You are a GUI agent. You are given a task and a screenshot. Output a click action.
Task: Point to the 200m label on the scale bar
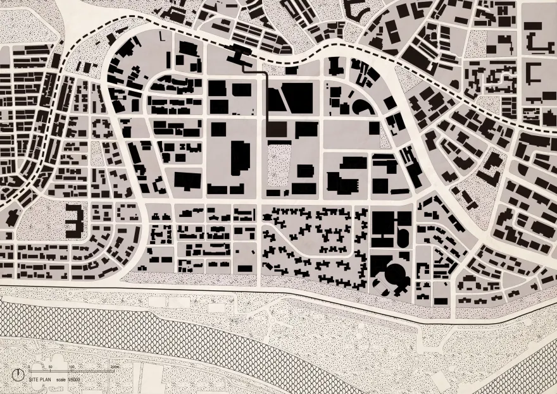pyautogui.click(x=114, y=366)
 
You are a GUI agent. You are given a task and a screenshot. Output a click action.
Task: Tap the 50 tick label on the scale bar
pyautogui.click(x=50, y=366)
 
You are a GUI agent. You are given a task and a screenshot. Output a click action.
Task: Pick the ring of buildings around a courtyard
pyautogui.click(x=102, y=129)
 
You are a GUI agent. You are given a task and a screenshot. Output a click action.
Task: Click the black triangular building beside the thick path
pyautogui.click(x=275, y=99)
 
